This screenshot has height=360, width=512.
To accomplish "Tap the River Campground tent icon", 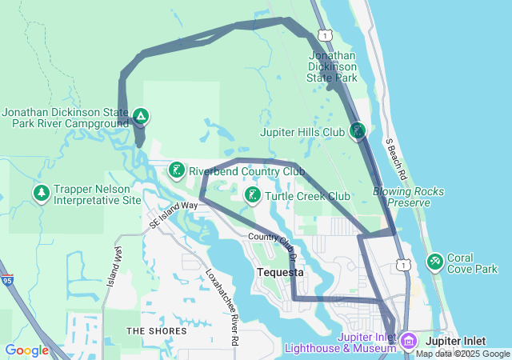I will click(140, 117).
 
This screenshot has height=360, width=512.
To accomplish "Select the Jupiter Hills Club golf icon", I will click(358, 130).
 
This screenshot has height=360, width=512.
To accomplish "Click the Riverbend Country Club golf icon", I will click(176, 170).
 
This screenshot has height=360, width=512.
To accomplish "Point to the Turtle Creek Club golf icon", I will click(252, 195).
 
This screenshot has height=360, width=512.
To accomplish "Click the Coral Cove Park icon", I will click(435, 261).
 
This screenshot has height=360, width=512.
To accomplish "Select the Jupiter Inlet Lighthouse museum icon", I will click(408, 342).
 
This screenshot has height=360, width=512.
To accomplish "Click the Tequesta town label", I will click(280, 272).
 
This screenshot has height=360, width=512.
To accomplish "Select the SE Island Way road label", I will click(173, 215).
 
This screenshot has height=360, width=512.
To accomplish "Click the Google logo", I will click(26, 350).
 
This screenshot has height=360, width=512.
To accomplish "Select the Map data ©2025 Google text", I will click(462, 354).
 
